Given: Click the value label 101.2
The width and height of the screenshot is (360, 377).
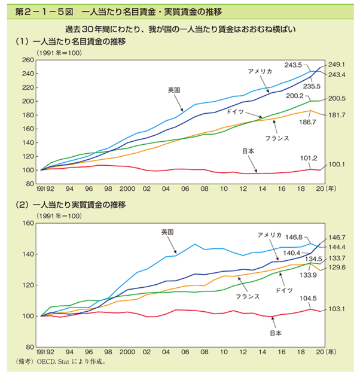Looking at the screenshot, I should pos(309,159).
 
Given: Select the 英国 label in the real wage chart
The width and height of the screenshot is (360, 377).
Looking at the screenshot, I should pos(167,231).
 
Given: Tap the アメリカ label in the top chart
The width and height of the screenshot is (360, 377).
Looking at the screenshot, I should pos(261,71).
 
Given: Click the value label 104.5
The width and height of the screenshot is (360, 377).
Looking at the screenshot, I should pos(309,297).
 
